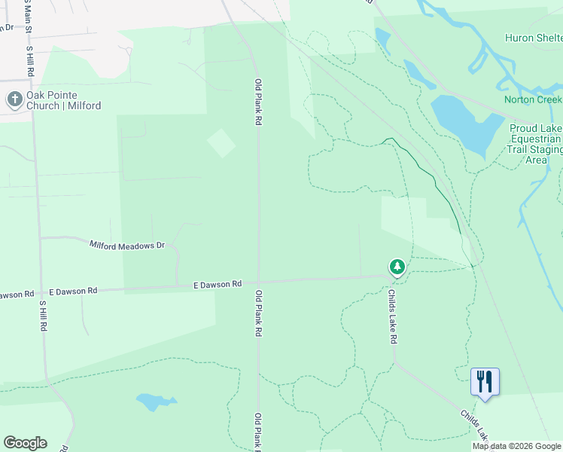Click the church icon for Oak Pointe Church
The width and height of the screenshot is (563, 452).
click(14, 99)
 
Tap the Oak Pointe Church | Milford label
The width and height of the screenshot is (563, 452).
click(63, 100)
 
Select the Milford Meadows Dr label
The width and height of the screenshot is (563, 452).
click(126, 245)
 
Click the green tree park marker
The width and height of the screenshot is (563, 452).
click(397, 267)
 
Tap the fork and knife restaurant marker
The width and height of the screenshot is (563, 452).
click(485, 381)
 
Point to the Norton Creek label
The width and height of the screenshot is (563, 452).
click(533, 99)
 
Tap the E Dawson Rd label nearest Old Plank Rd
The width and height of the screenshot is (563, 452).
click(217, 284)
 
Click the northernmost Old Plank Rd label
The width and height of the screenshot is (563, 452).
click(257, 102)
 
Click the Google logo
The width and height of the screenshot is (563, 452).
click(25, 443)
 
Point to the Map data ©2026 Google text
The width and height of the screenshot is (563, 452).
click(516, 446)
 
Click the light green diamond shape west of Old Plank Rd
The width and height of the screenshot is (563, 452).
click(221, 143)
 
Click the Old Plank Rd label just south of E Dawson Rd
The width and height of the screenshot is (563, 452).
click(258, 313)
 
